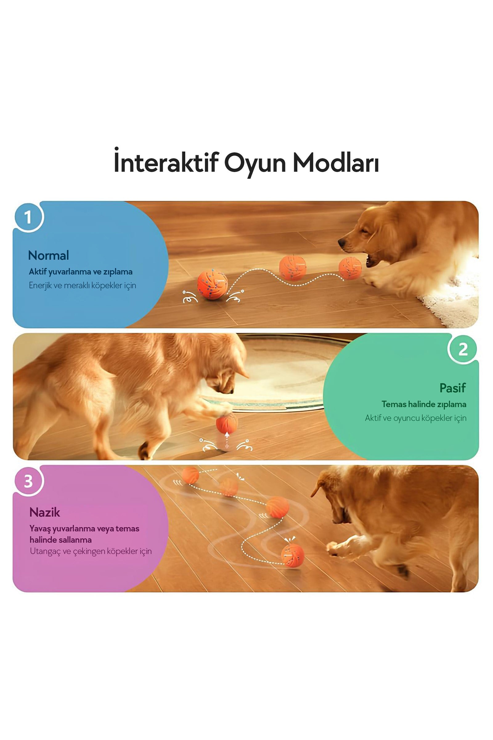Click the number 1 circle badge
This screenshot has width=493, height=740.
coord(29,217)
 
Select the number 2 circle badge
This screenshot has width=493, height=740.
coord(462,349)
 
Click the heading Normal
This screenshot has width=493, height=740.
coord(48,255)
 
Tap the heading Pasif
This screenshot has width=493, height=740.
coord(453,388)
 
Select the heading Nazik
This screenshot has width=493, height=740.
coord(45,512)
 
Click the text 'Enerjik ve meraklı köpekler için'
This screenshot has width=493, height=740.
coord(82,286)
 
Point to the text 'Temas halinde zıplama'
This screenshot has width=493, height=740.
coord(424,405)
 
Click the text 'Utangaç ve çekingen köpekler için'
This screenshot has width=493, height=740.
coord(91,552)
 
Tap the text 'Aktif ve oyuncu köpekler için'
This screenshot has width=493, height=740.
coord(416,418)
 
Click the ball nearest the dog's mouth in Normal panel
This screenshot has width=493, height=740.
coord(350,268)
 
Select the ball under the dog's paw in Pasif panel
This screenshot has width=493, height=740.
coord(227,424)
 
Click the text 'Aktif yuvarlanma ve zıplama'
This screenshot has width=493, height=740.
coord(80,272)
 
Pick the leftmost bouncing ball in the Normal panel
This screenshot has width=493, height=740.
coord(212,284)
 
